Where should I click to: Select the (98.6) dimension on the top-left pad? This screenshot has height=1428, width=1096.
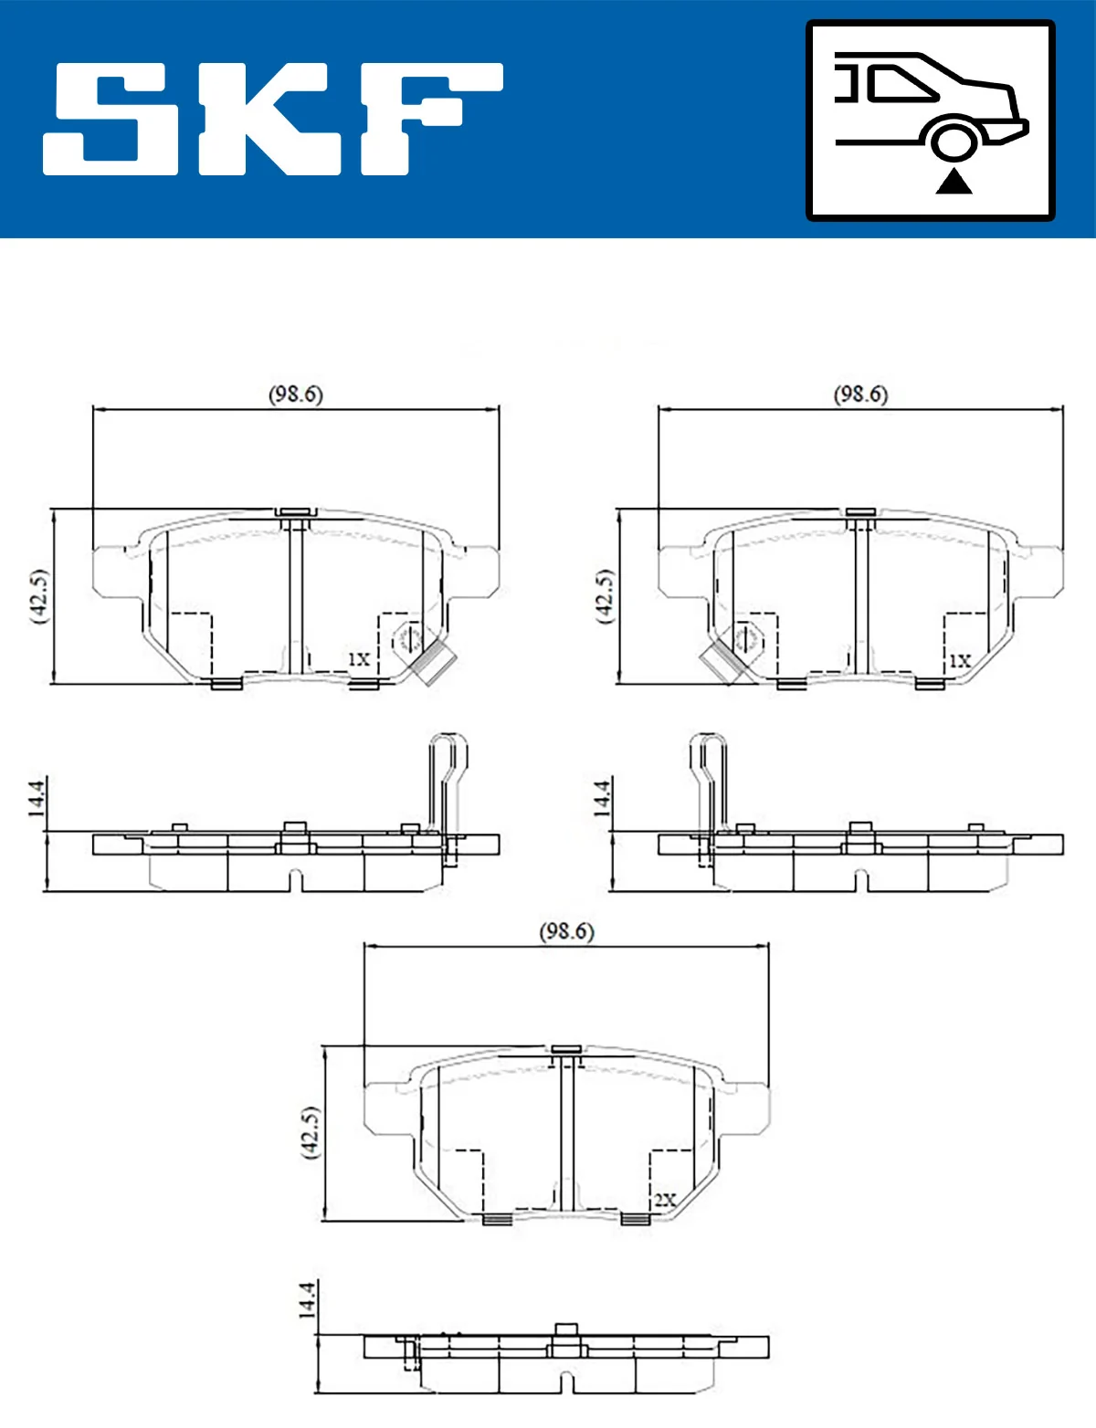295,394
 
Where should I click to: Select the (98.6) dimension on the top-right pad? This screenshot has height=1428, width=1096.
859,394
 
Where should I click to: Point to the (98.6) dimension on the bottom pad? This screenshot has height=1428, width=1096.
566,931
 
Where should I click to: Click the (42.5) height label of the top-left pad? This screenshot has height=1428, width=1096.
39,596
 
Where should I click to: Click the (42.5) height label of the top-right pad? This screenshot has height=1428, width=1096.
604,596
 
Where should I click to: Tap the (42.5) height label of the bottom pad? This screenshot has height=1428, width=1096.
311,1132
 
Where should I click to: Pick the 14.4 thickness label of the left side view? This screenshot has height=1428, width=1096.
36,797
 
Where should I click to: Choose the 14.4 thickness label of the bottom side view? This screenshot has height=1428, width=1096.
307,1298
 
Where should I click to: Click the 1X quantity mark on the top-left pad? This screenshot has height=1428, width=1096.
359,659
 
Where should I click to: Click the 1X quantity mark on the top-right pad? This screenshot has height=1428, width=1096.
959,661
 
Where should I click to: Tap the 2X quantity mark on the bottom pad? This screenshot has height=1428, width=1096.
665,1200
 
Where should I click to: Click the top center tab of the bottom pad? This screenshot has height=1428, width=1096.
566,1049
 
